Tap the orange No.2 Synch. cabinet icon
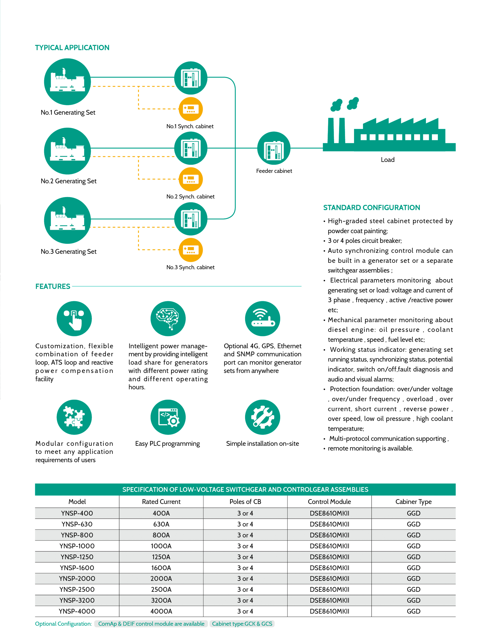tap(191, 179)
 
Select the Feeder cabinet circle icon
tap(274, 148)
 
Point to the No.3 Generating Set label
tap(69, 252)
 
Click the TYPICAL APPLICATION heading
tap(72, 48)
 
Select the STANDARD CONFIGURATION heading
tap(371, 208)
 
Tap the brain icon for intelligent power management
tap(168, 318)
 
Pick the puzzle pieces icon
tap(74, 417)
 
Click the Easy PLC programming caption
tap(167, 444)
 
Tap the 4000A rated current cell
tap(161, 611)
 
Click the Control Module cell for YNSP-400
tap(329, 513)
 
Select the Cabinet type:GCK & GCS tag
tap(242, 624)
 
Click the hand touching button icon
tap(74, 318)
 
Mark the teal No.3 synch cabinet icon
tap(191, 219)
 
